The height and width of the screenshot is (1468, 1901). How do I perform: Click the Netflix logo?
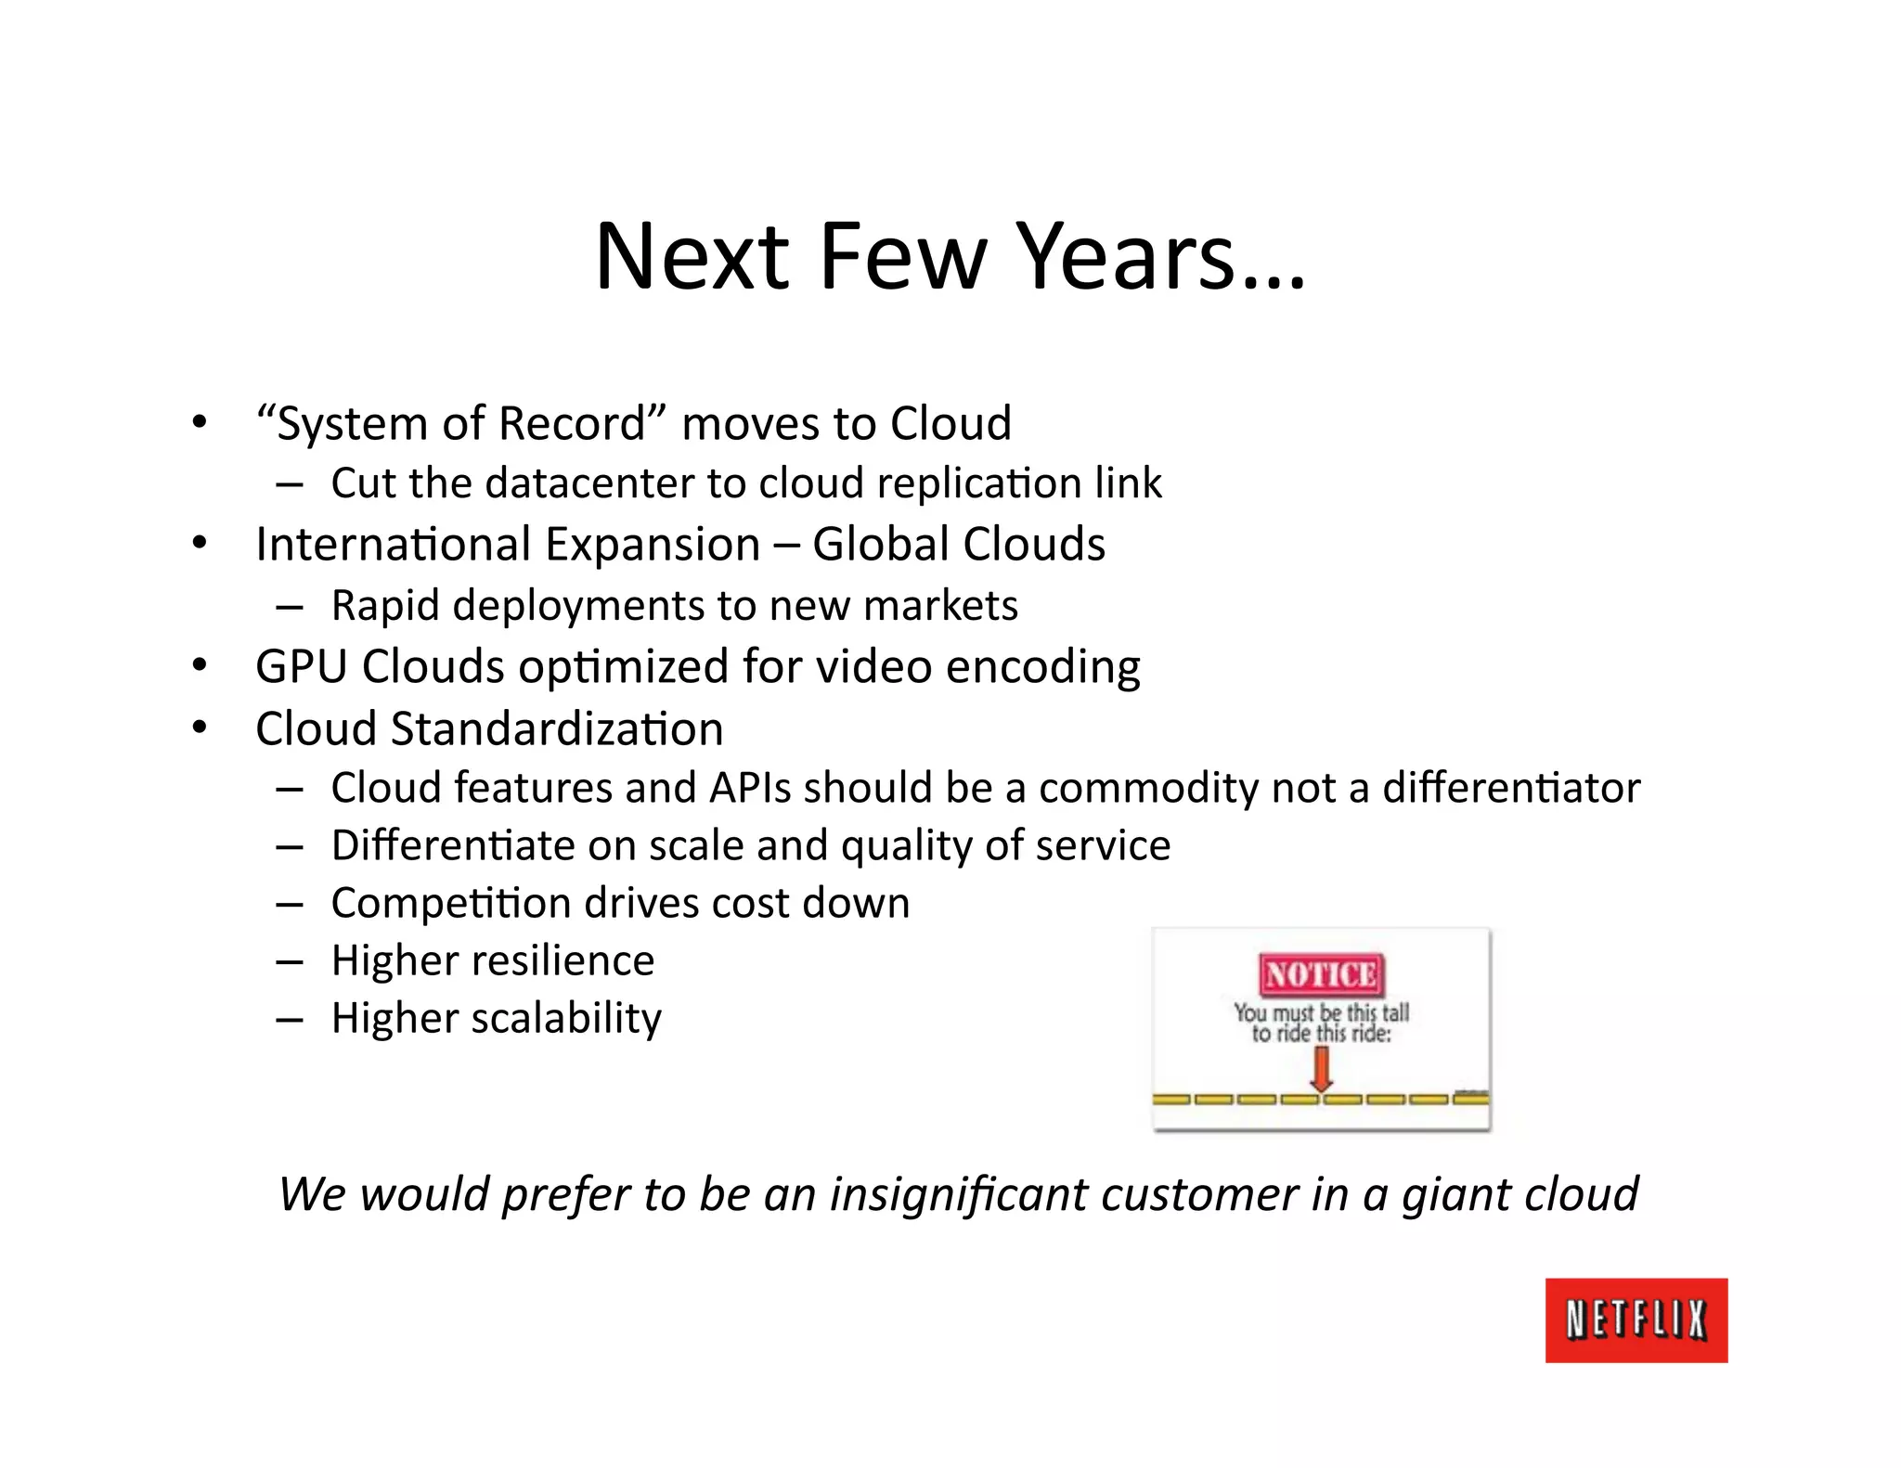pos(1636,1320)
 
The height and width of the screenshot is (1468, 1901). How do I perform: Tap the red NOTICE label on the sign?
pos(1321,975)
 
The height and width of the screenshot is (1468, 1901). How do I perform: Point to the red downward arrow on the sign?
pos(1321,1069)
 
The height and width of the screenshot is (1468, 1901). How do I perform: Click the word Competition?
pos(450,904)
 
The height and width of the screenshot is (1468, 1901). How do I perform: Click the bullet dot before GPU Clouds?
pos(199,665)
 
